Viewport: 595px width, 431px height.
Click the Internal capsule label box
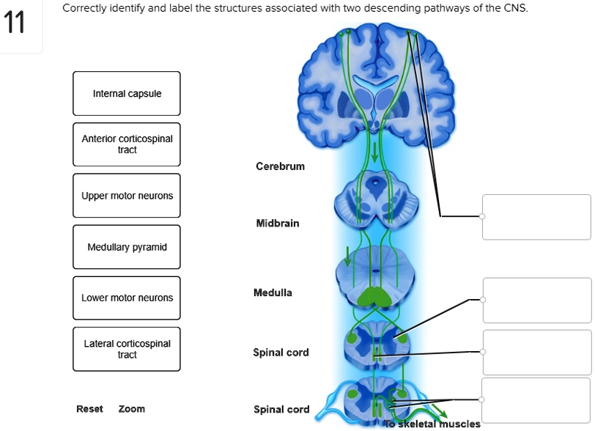click(x=127, y=94)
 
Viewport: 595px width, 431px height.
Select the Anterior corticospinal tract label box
click(x=127, y=144)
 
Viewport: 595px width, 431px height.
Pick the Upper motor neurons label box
click(x=127, y=196)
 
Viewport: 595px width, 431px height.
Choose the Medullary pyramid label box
click(x=127, y=247)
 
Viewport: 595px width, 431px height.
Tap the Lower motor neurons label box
click(x=127, y=298)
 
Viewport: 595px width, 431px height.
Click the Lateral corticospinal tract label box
click(x=127, y=349)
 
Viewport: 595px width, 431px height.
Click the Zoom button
click(x=132, y=409)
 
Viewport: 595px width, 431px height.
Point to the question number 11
click(x=14, y=24)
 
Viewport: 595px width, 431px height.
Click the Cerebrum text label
click(x=280, y=166)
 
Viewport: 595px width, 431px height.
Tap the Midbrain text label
click(x=278, y=223)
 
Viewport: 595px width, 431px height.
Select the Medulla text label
click(x=273, y=292)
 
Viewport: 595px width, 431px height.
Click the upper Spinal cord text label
click(x=281, y=353)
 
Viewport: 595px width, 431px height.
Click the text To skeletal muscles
click(x=432, y=424)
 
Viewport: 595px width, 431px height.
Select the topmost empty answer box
click(x=536, y=217)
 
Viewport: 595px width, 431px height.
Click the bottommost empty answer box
click(x=536, y=400)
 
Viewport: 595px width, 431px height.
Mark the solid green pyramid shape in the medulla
click(x=375, y=296)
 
